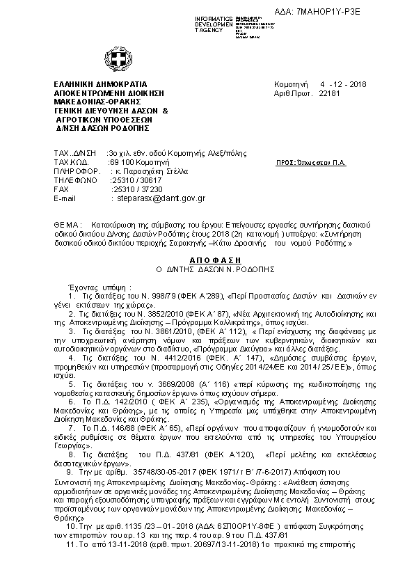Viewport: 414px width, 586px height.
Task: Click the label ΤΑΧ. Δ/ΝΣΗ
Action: click(72, 150)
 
